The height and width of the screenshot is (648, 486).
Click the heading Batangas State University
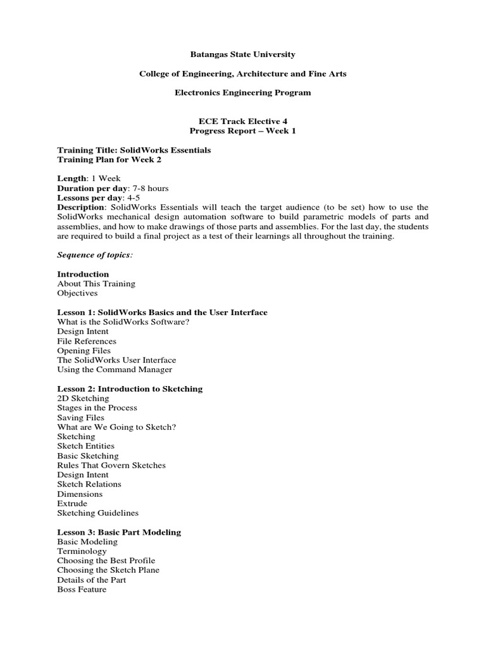242,55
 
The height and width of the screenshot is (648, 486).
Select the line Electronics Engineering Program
242,92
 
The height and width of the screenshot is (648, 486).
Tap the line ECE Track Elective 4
242,121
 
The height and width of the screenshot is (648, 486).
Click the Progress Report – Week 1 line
242,131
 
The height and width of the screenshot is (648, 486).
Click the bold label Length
71,179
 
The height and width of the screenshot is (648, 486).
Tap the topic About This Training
96,283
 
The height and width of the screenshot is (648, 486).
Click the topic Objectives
77,294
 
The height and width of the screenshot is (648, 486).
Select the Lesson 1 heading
162,313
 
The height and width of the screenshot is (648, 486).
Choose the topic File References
87,341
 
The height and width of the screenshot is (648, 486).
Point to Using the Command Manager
115,370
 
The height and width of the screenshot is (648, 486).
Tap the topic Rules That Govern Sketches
111,465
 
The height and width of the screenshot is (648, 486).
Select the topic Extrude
72,504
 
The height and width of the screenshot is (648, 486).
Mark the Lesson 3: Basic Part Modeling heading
119,532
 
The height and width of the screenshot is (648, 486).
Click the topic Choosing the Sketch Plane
108,570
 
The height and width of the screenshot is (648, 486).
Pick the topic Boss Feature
82,589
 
